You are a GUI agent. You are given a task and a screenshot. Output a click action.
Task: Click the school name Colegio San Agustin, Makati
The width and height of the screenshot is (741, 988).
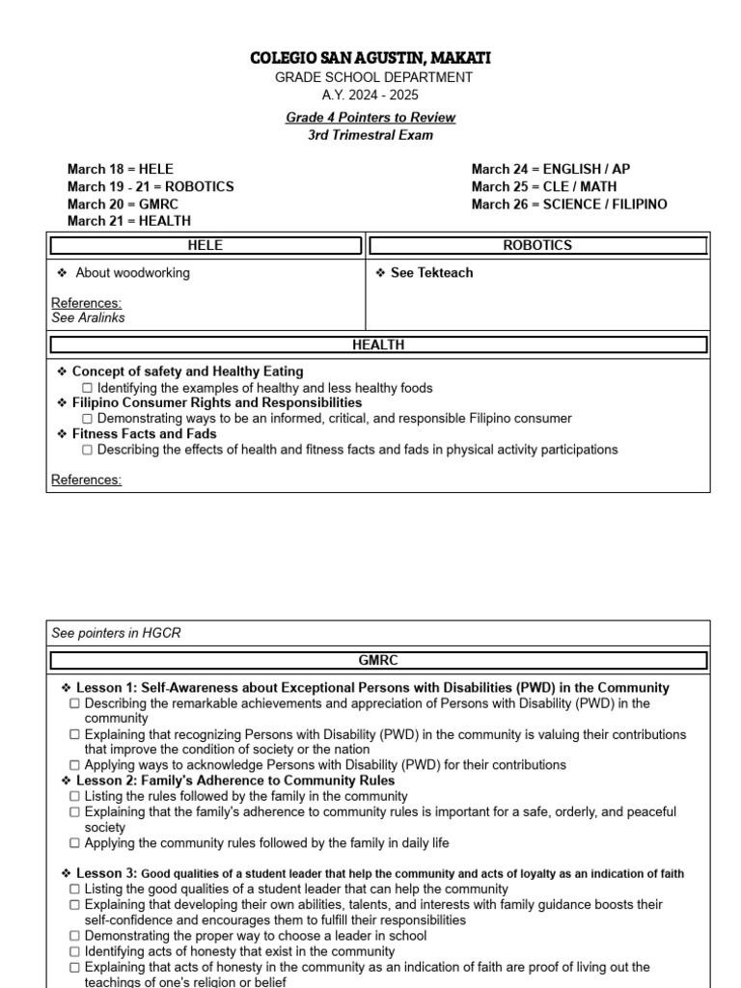(x=370, y=59)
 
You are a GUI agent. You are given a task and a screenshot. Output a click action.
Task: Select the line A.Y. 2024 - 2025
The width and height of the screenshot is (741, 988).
(x=370, y=95)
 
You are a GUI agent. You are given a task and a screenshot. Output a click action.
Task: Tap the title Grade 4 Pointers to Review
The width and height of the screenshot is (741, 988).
(x=370, y=118)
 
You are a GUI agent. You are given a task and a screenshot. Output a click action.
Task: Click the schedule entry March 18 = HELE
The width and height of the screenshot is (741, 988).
(x=121, y=169)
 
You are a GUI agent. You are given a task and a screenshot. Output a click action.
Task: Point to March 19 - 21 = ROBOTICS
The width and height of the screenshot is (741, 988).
(x=151, y=186)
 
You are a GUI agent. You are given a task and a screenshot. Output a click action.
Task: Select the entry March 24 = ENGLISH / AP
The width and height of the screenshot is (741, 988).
(x=550, y=169)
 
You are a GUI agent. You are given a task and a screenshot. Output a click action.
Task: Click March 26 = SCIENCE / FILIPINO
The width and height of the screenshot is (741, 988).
(x=568, y=204)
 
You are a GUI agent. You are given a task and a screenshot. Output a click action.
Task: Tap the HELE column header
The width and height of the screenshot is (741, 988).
(x=206, y=246)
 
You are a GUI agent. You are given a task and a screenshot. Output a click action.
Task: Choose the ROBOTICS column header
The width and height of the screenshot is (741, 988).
(x=537, y=246)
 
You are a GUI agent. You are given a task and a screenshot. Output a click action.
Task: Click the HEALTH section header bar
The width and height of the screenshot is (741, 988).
(x=378, y=344)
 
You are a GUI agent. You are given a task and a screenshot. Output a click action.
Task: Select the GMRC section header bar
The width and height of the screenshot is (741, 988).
(x=378, y=661)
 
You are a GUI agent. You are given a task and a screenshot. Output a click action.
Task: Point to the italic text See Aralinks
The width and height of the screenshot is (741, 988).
(x=88, y=317)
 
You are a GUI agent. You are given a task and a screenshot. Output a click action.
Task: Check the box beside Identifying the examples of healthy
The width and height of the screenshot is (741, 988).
(x=88, y=388)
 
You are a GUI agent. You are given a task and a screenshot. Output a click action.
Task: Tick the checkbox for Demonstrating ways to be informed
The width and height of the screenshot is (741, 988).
(x=88, y=419)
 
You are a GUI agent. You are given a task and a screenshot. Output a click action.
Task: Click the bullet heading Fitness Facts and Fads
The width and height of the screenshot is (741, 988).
(x=144, y=434)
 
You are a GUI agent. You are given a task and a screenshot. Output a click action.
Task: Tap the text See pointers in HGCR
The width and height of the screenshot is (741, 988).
(x=116, y=633)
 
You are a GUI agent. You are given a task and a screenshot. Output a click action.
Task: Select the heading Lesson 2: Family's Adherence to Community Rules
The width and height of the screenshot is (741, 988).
(x=234, y=781)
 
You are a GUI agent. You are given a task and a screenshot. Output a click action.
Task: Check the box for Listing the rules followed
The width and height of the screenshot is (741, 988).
(x=75, y=797)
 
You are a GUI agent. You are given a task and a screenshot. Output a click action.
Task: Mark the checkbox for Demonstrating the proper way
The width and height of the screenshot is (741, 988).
(x=75, y=936)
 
